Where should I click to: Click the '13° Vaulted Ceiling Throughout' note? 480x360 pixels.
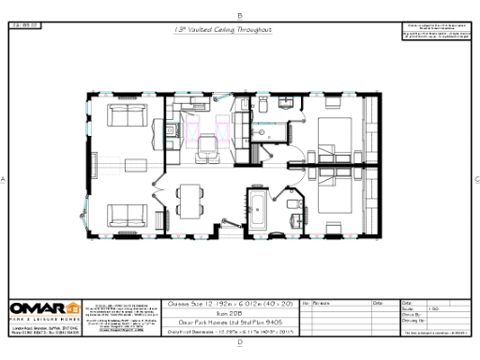223,30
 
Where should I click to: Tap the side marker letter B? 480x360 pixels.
240,15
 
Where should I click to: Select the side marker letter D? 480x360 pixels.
240,343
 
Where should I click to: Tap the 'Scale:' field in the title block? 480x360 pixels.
410,310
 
